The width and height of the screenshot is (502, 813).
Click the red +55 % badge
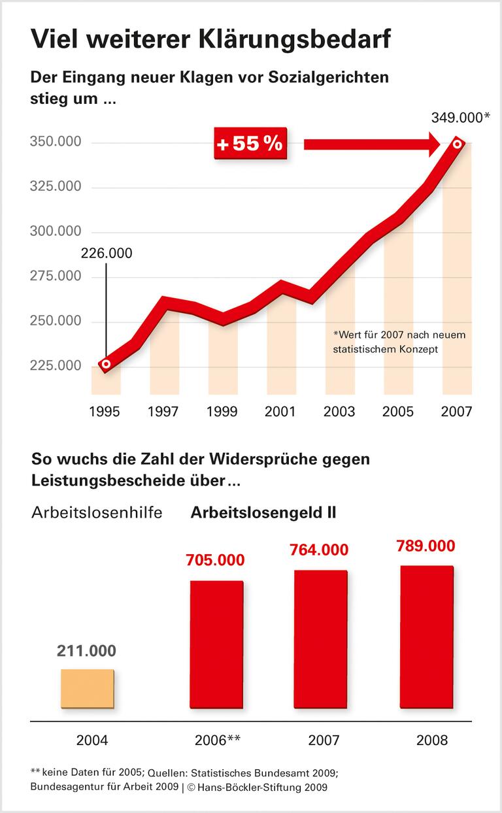(x=249, y=143)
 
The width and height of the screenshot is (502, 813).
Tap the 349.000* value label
(x=461, y=118)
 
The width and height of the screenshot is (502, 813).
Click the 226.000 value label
(x=106, y=253)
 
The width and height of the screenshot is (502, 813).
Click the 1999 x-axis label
(x=223, y=412)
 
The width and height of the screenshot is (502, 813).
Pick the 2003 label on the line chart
(x=339, y=412)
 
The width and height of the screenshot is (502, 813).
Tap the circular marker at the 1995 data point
(x=106, y=364)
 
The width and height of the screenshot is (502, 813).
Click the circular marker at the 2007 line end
(x=458, y=144)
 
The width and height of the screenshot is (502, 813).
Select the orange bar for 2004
(x=87, y=689)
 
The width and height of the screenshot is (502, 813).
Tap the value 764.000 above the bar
(x=319, y=550)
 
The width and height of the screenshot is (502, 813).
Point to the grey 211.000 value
(x=86, y=651)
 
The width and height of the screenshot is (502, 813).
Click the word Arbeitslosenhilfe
(x=97, y=512)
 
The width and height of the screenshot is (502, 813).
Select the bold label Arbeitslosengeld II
(x=263, y=512)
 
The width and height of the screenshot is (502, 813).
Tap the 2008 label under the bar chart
(x=432, y=740)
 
